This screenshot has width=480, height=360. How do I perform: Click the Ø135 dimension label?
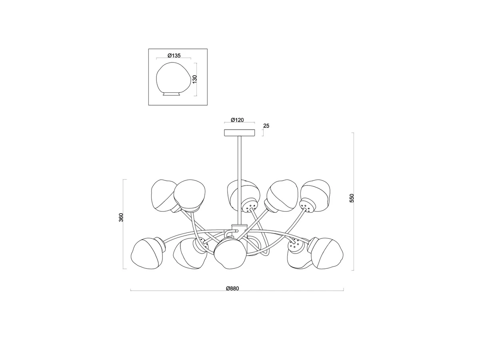click(x=174, y=56)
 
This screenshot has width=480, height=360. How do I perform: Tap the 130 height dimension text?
click(x=195, y=79)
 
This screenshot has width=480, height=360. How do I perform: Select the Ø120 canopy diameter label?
click(x=237, y=120)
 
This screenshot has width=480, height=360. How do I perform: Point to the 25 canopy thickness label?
click(x=266, y=126)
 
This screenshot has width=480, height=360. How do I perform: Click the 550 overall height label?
click(x=352, y=198)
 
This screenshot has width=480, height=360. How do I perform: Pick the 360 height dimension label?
click(x=121, y=217)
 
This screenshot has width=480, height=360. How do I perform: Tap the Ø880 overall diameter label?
click(x=232, y=288)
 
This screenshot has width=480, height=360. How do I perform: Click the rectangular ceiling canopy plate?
click(x=240, y=133)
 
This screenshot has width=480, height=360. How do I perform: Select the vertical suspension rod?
click(x=240, y=180)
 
